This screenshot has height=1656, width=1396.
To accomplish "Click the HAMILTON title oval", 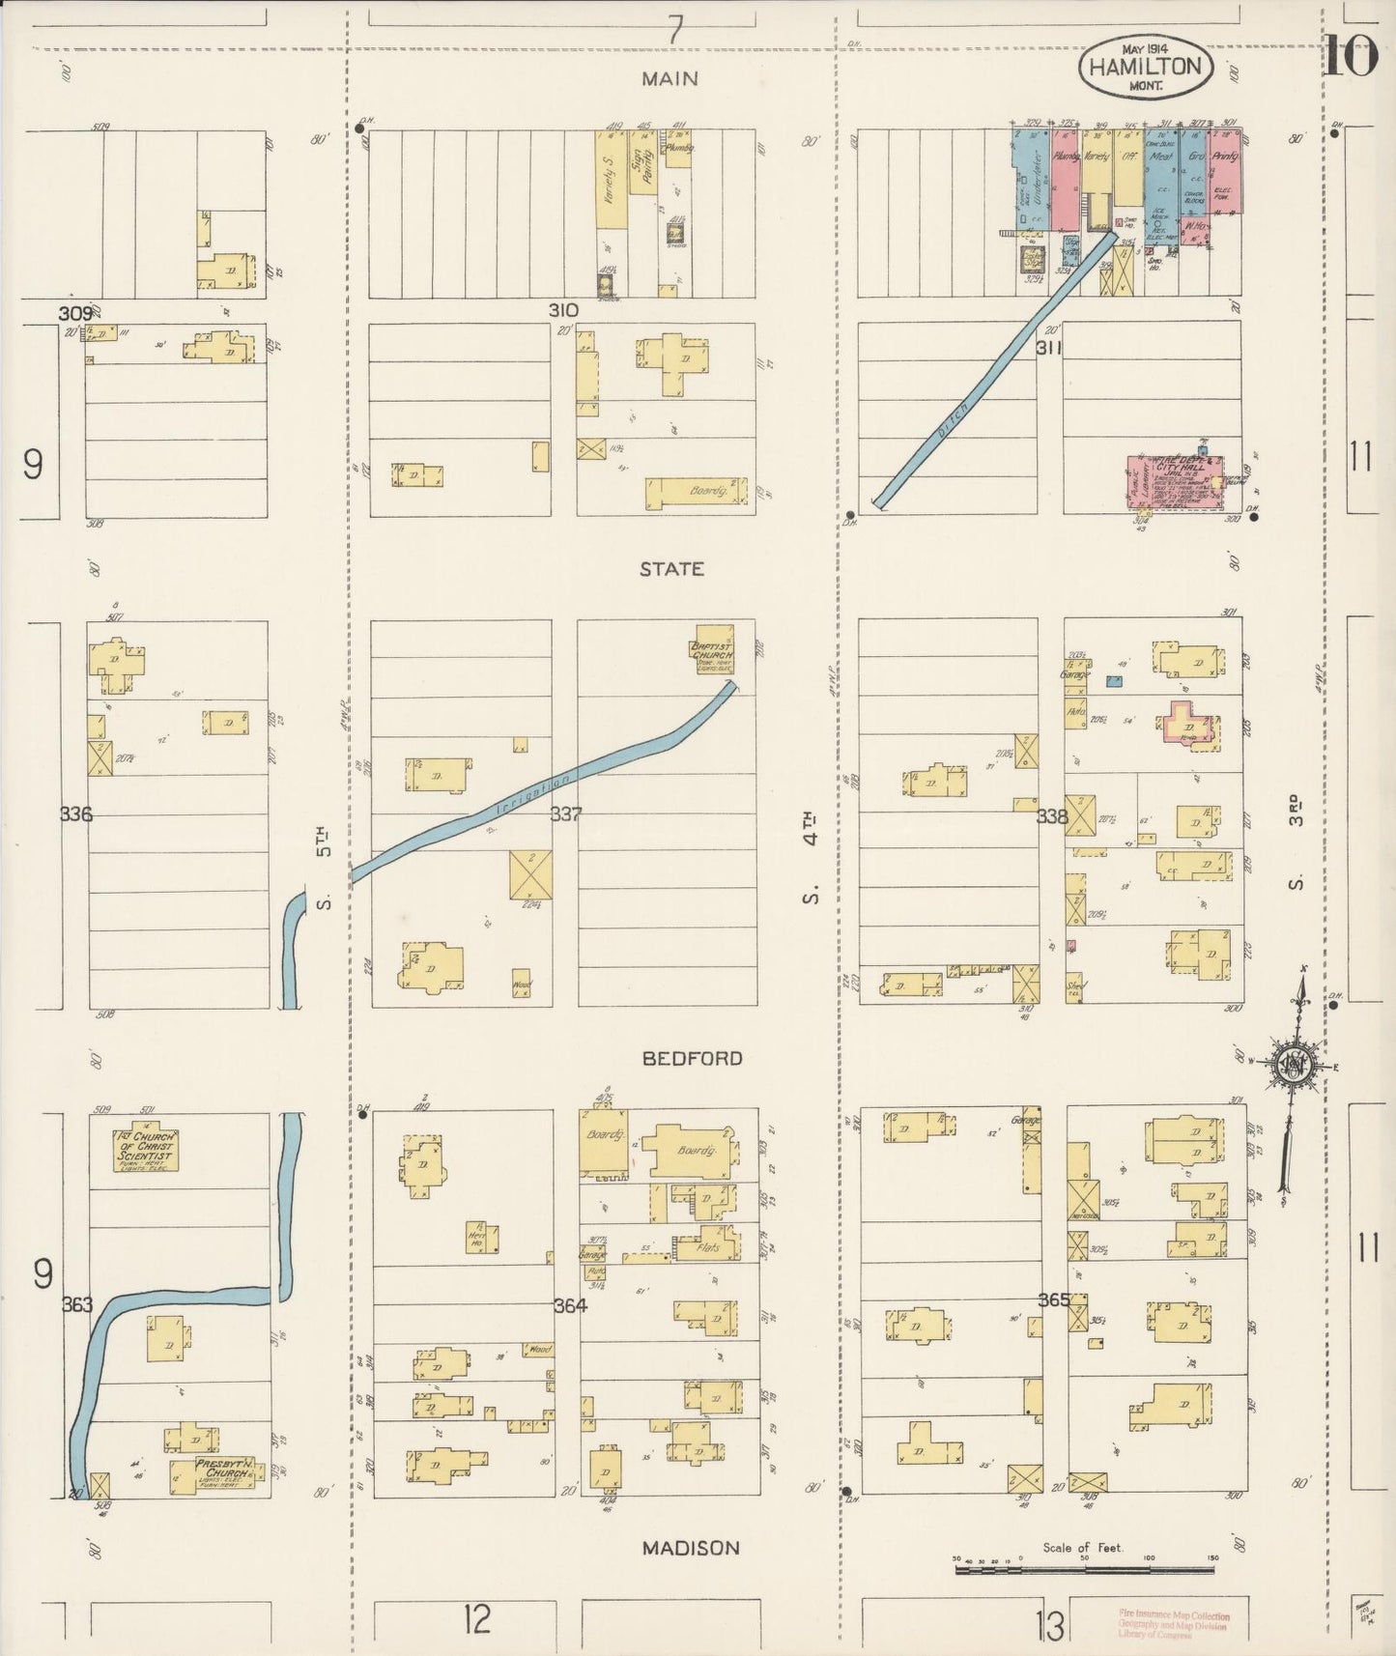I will tap(1146, 68).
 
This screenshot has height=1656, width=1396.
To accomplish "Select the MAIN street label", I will tap(670, 79).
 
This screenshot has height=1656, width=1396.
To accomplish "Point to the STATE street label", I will tap(671, 569).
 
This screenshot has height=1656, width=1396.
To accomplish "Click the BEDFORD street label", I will tap(692, 1059).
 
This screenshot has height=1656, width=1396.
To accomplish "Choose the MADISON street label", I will tap(691, 1548).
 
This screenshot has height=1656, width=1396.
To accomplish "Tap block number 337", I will tap(566, 814).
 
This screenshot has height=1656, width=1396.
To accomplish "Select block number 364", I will tap(570, 1305).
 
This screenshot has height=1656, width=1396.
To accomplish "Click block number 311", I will tap(1049, 347).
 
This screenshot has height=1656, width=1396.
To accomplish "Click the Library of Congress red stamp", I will tap(1174, 1625).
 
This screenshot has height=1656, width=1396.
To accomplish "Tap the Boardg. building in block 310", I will tap(696, 491).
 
